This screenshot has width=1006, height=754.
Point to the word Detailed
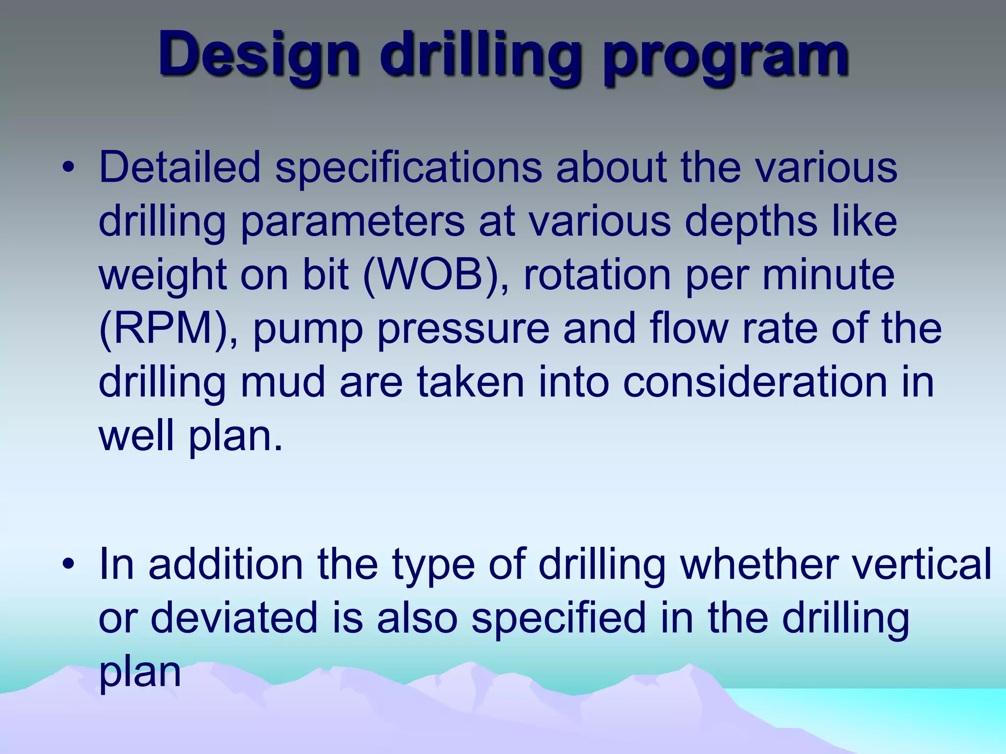click(179, 168)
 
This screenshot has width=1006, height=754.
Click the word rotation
click(597, 275)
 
